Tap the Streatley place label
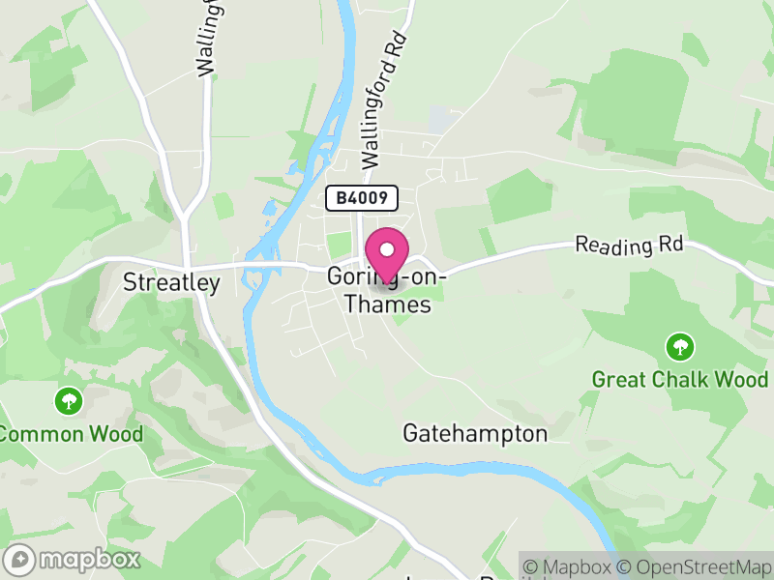(x=172, y=282)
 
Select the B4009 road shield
(x=362, y=198)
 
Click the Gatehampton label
(x=475, y=433)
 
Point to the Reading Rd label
(x=629, y=246)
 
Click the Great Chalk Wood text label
(x=680, y=379)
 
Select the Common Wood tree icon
(x=69, y=400)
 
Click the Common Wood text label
(x=72, y=434)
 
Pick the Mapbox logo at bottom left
(x=73, y=559)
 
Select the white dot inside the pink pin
(x=387, y=248)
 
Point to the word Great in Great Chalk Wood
(x=619, y=379)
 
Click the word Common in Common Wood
(x=44, y=434)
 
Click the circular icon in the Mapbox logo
(x=19, y=559)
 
